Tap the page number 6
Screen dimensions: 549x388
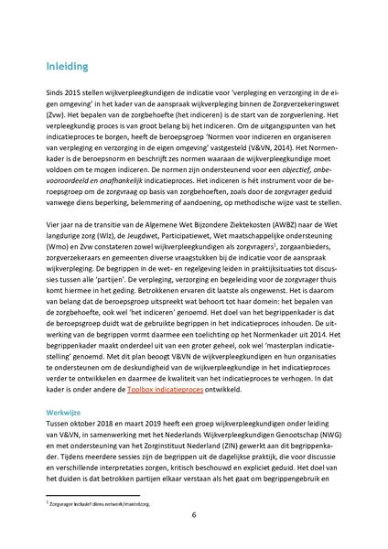(194, 514)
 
